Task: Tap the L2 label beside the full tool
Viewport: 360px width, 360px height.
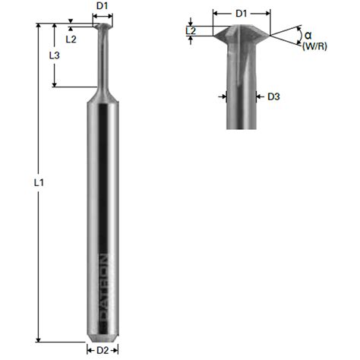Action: pyautogui.click(x=71, y=38)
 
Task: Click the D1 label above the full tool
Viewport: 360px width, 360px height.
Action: pyautogui.click(x=103, y=7)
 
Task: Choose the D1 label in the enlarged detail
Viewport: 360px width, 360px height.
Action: pyautogui.click(x=242, y=13)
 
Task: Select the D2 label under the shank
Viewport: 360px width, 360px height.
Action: pyautogui.click(x=103, y=350)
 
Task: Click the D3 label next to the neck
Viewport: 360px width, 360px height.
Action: pyautogui.click(x=274, y=96)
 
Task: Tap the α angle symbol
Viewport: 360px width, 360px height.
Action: pyautogui.click(x=308, y=35)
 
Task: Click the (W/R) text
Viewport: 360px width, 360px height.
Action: pyautogui.click(x=313, y=47)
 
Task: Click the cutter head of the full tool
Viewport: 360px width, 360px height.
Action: pyautogui.click(x=103, y=27)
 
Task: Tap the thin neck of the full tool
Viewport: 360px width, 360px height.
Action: pyautogui.click(x=103, y=61)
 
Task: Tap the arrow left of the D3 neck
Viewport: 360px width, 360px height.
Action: pyautogui.click(x=223, y=96)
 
